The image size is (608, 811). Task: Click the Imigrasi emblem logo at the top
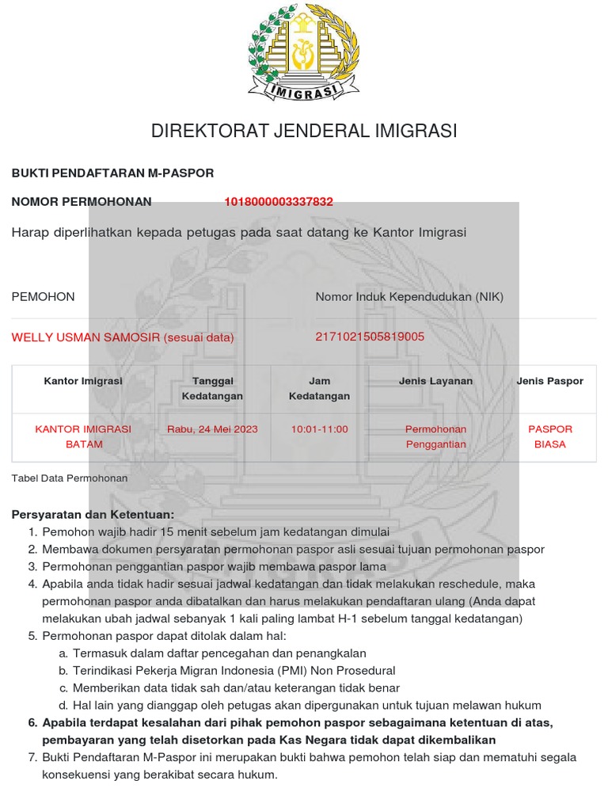coord(304,52)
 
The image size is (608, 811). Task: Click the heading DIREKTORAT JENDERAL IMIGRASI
coord(304,131)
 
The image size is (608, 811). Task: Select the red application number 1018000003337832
coord(279,202)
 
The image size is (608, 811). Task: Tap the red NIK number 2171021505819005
coord(370,337)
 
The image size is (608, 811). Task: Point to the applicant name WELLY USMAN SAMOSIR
coord(87,337)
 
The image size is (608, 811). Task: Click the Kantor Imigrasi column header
coord(83,381)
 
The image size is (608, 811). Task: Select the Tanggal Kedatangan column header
coord(212,388)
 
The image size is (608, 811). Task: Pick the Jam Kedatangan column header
coord(319,388)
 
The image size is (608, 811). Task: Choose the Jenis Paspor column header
coord(550,381)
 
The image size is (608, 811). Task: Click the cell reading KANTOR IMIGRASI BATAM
coord(83,436)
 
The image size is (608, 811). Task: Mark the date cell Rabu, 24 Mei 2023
coord(212,429)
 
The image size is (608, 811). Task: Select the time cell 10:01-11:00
coord(319,429)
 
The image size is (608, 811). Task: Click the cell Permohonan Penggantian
coord(435,436)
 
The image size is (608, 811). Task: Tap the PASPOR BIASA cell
coord(550,436)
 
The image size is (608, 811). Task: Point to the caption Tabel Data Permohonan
coord(70,478)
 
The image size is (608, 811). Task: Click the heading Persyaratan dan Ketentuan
coord(93,515)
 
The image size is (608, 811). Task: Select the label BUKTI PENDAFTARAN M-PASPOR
coord(112,173)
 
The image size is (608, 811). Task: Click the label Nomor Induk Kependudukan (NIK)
coord(409,297)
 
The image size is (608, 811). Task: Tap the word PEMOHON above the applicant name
coord(43,297)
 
